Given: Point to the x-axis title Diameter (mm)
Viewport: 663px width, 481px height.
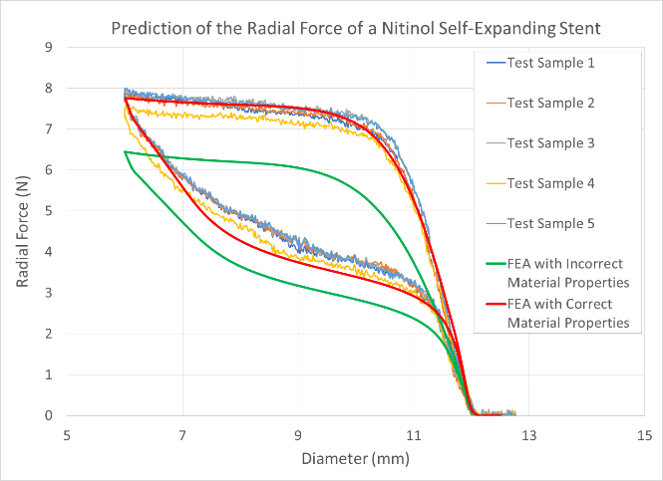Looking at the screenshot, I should click(x=354, y=461).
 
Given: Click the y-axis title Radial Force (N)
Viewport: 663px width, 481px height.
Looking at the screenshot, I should click(x=22, y=231).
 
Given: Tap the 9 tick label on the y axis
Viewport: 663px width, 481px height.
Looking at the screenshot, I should click(x=48, y=48).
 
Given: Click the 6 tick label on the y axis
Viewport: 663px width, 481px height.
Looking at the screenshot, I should click(x=48, y=170).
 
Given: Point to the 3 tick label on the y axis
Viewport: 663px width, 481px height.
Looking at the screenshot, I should click(x=48, y=293).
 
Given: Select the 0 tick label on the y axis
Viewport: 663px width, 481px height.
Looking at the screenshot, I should click(x=48, y=415).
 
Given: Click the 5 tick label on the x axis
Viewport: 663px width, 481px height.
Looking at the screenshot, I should click(x=67, y=435).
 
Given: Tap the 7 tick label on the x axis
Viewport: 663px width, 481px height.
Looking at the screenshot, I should click(x=182, y=435).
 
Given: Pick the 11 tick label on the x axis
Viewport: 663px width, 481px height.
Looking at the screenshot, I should click(x=413, y=435).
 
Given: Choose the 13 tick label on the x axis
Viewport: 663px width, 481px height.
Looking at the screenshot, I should click(x=528, y=435).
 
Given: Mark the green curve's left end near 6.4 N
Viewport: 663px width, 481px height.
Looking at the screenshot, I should click(x=126, y=152).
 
